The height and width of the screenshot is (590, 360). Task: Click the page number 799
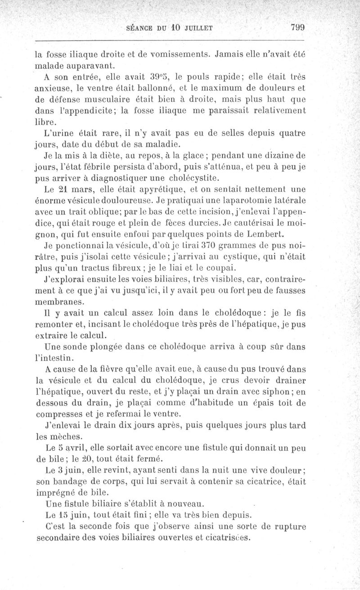[298, 27]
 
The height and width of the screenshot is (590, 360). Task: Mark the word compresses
[60, 413]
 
